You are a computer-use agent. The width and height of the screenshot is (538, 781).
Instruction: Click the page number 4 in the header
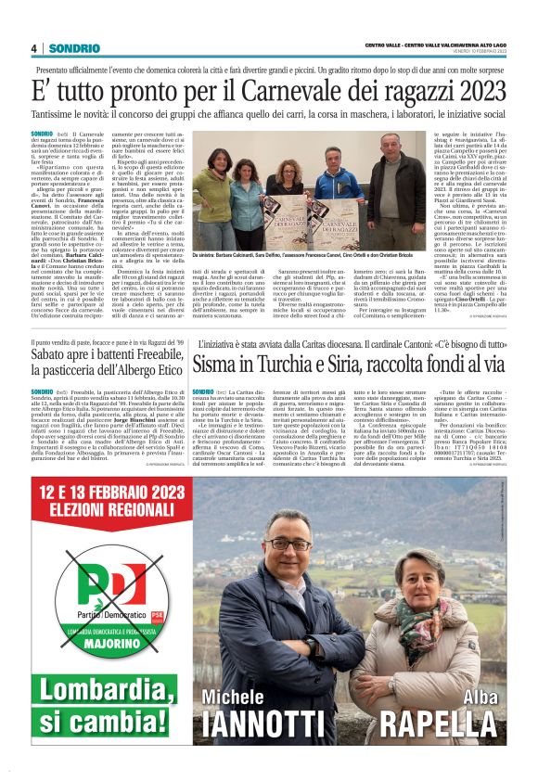pos(32,47)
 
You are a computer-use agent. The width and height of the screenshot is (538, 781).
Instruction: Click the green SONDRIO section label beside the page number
pos(68,47)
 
